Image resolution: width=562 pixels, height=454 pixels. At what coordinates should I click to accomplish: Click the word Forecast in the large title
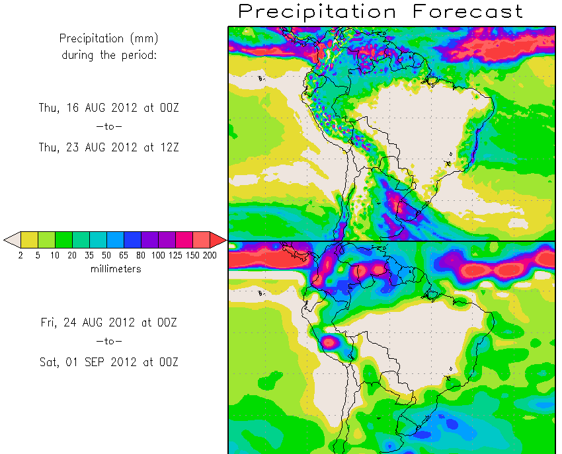(x=467, y=11)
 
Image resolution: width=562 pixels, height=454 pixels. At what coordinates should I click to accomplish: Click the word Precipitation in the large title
(x=317, y=11)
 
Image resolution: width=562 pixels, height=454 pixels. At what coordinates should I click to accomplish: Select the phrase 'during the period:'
(x=109, y=55)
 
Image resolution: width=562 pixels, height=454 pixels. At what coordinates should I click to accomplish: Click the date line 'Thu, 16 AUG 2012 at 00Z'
(x=109, y=108)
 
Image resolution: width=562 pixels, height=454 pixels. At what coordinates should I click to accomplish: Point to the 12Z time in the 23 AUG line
(x=168, y=148)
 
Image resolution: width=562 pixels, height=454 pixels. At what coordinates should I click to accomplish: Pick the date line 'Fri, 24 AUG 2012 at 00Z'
(x=109, y=322)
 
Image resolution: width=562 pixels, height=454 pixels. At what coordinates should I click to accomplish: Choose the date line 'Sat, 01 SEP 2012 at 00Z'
(x=109, y=362)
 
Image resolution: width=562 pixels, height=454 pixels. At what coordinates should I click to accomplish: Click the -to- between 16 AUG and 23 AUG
(x=109, y=128)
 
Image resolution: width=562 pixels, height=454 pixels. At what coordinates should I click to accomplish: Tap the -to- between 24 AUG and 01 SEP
(x=109, y=342)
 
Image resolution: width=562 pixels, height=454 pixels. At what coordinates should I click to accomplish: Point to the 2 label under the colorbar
(x=20, y=254)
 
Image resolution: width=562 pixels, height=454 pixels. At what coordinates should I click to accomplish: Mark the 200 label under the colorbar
(x=210, y=254)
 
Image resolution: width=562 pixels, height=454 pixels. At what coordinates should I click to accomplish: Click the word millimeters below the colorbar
(x=115, y=269)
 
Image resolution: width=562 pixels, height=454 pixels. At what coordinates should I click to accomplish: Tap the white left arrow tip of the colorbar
(x=11, y=239)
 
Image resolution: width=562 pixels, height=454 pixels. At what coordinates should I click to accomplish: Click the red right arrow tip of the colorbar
(x=219, y=239)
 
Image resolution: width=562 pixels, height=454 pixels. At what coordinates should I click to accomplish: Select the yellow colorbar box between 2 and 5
(x=29, y=239)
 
